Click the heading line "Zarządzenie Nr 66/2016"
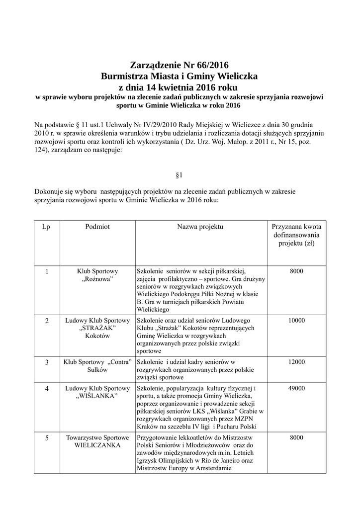pyautogui.click(x=180, y=65)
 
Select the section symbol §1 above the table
pyautogui.click(x=180, y=175)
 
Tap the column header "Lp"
pyautogui.click(x=47, y=227)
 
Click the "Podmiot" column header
pyautogui.click(x=97, y=227)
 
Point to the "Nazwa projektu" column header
pyautogui.click(x=200, y=227)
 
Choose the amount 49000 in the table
pyautogui.click(x=296, y=388)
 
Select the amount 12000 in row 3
pyautogui.click(x=296, y=362)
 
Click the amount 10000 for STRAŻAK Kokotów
pyautogui.click(x=296, y=321)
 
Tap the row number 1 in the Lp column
pyautogui.click(x=47, y=271)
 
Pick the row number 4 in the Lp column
pyautogui.click(x=47, y=388)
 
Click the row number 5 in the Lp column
pyautogui.click(x=47, y=438)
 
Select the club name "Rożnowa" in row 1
pyautogui.click(x=97, y=280)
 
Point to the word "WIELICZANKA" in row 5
pyautogui.click(x=97, y=445)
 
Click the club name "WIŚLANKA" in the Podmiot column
pyautogui.click(x=97, y=396)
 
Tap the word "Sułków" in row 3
pyautogui.click(x=97, y=370)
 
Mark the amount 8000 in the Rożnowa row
pyautogui.click(x=296, y=271)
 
